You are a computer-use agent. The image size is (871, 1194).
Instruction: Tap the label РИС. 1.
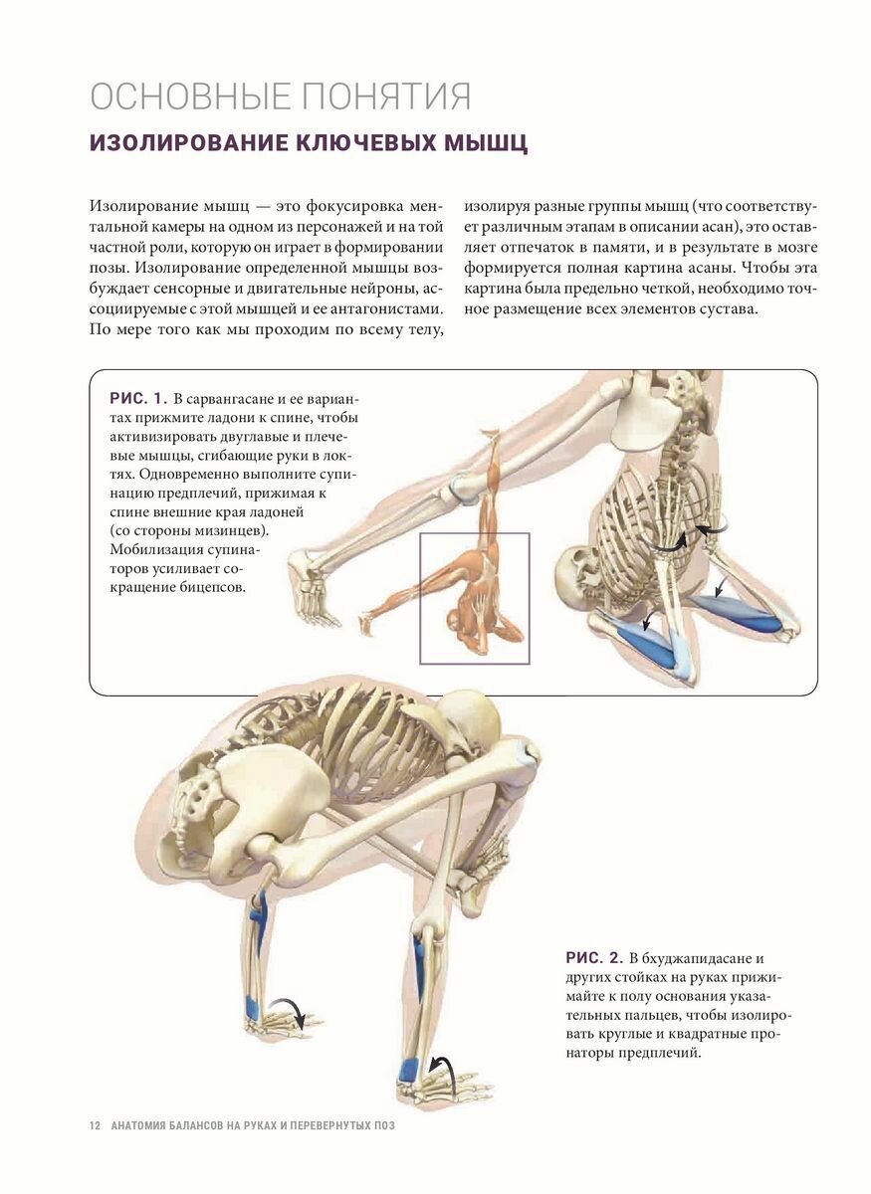[135, 399]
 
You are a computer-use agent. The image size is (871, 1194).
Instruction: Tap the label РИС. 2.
[595, 958]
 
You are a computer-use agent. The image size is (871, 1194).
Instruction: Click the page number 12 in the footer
[95, 1125]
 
